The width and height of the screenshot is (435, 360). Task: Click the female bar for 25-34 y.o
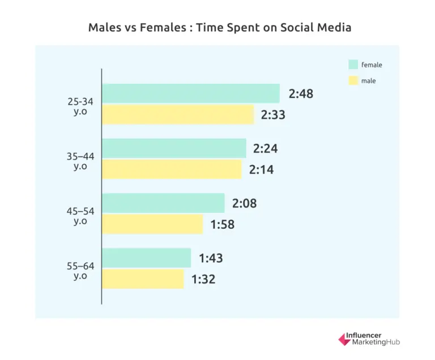pos(191,93)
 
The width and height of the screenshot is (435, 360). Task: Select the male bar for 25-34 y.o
pos(178,115)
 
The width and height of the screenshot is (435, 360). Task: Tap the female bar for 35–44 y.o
pos(174,148)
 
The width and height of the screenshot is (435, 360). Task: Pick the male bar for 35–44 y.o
pos(172,169)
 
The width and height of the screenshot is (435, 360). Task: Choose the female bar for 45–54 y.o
pos(163,203)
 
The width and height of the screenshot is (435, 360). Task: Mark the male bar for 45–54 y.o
pos(152,224)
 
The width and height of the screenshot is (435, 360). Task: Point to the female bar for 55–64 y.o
pos(146,258)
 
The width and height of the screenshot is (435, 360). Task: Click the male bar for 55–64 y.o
pos(143,278)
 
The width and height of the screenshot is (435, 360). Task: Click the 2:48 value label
pos(301,94)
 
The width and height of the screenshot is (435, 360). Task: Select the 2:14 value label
pos(262,169)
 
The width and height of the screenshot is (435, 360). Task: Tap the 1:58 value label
pos(222,225)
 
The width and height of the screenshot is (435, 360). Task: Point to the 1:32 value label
pos(203,279)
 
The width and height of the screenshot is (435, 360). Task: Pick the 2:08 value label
pos(244,203)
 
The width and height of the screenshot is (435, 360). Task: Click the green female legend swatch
pos(353,65)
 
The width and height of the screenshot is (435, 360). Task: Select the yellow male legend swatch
pos(353,80)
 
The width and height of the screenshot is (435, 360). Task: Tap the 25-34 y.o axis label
pos(80,106)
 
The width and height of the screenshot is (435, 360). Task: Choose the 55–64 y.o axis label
pos(80,271)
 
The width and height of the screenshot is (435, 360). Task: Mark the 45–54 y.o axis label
pos(80,216)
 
